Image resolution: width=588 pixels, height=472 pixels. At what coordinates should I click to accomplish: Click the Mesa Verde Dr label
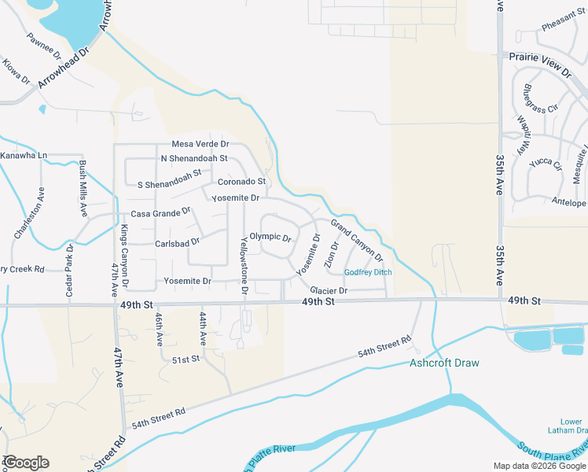coord(200,145)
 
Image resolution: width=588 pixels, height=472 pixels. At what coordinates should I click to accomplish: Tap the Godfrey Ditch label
coord(368,273)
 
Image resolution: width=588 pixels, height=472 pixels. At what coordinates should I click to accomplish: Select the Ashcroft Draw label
coord(444,363)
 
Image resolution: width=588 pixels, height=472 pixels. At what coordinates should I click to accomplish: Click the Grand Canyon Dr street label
coord(357,242)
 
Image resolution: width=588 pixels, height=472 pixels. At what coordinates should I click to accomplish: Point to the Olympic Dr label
coord(270,237)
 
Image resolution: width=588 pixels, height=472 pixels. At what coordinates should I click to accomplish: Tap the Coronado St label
coord(241,182)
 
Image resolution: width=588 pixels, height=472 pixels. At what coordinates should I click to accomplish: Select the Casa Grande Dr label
coord(160,212)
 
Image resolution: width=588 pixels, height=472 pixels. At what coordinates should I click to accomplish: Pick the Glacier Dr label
coord(329,290)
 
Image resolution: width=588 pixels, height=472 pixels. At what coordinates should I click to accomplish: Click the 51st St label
coord(186,359)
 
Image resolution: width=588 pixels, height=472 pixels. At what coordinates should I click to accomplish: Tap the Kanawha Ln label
coord(24,156)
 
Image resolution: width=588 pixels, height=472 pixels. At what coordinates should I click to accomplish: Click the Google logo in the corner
coord(26,463)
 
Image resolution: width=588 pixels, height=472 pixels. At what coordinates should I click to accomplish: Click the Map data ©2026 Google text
coord(538,466)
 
